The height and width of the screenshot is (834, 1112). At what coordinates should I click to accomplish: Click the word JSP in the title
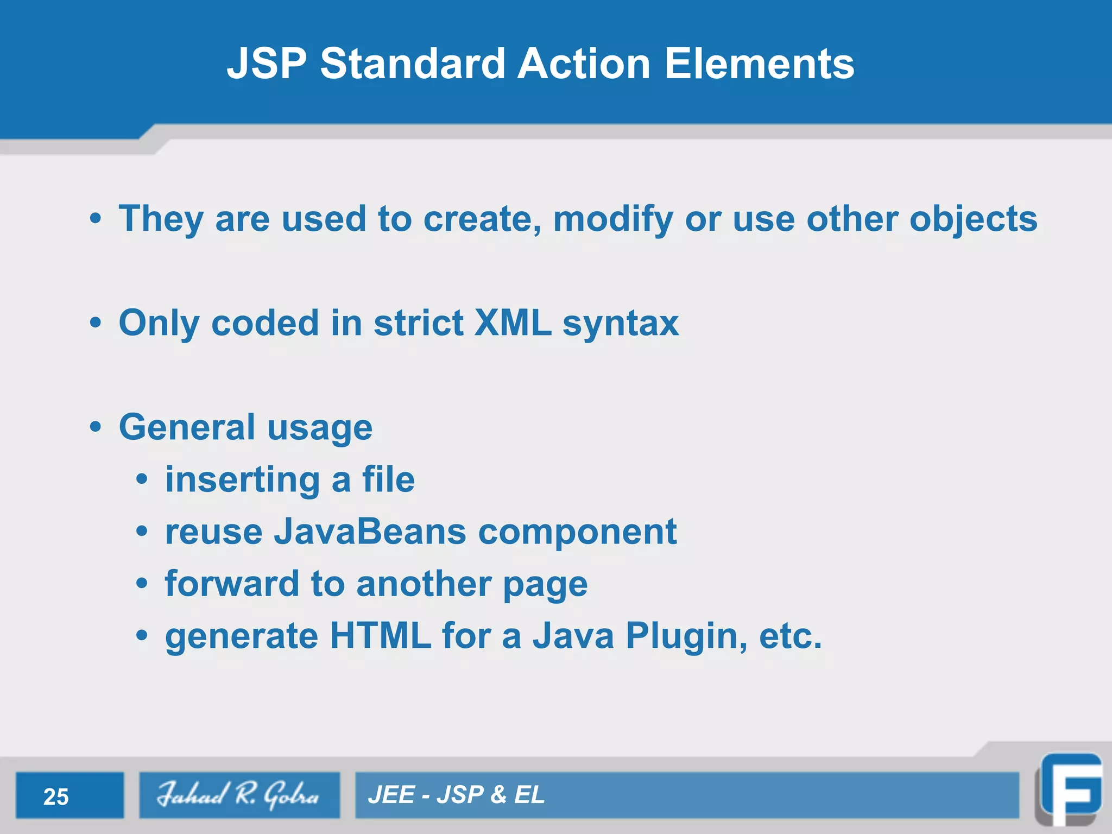point(267,64)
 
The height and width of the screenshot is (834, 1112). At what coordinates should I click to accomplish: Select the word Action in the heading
point(584,64)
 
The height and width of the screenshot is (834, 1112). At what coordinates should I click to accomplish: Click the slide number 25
point(56,797)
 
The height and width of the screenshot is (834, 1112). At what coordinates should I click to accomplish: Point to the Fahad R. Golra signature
point(239,795)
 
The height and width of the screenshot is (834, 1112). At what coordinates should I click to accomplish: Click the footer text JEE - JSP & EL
point(456,795)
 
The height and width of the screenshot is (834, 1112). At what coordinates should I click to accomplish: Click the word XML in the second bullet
point(513,324)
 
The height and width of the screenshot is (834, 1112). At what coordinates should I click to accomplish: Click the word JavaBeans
point(370,532)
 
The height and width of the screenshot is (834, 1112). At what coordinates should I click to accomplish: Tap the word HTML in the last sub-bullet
point(380,636)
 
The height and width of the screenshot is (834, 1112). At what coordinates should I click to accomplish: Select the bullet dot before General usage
point(96,427)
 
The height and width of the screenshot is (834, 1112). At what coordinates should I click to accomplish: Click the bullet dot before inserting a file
point(142,479)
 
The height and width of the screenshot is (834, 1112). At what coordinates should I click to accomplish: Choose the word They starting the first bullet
point(161,219)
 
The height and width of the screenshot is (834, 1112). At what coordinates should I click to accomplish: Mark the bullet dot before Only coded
point(96,323)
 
